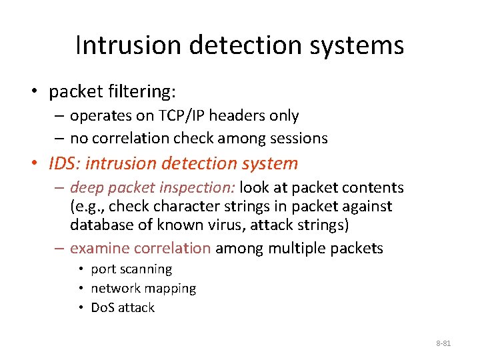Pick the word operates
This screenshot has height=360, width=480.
pos(100,115)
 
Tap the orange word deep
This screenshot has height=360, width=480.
pos(86,188)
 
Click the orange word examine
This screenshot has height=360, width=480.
pos(99,249)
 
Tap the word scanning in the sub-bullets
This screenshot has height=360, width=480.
pos(145,269)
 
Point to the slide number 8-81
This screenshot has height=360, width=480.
pos(443,343)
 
